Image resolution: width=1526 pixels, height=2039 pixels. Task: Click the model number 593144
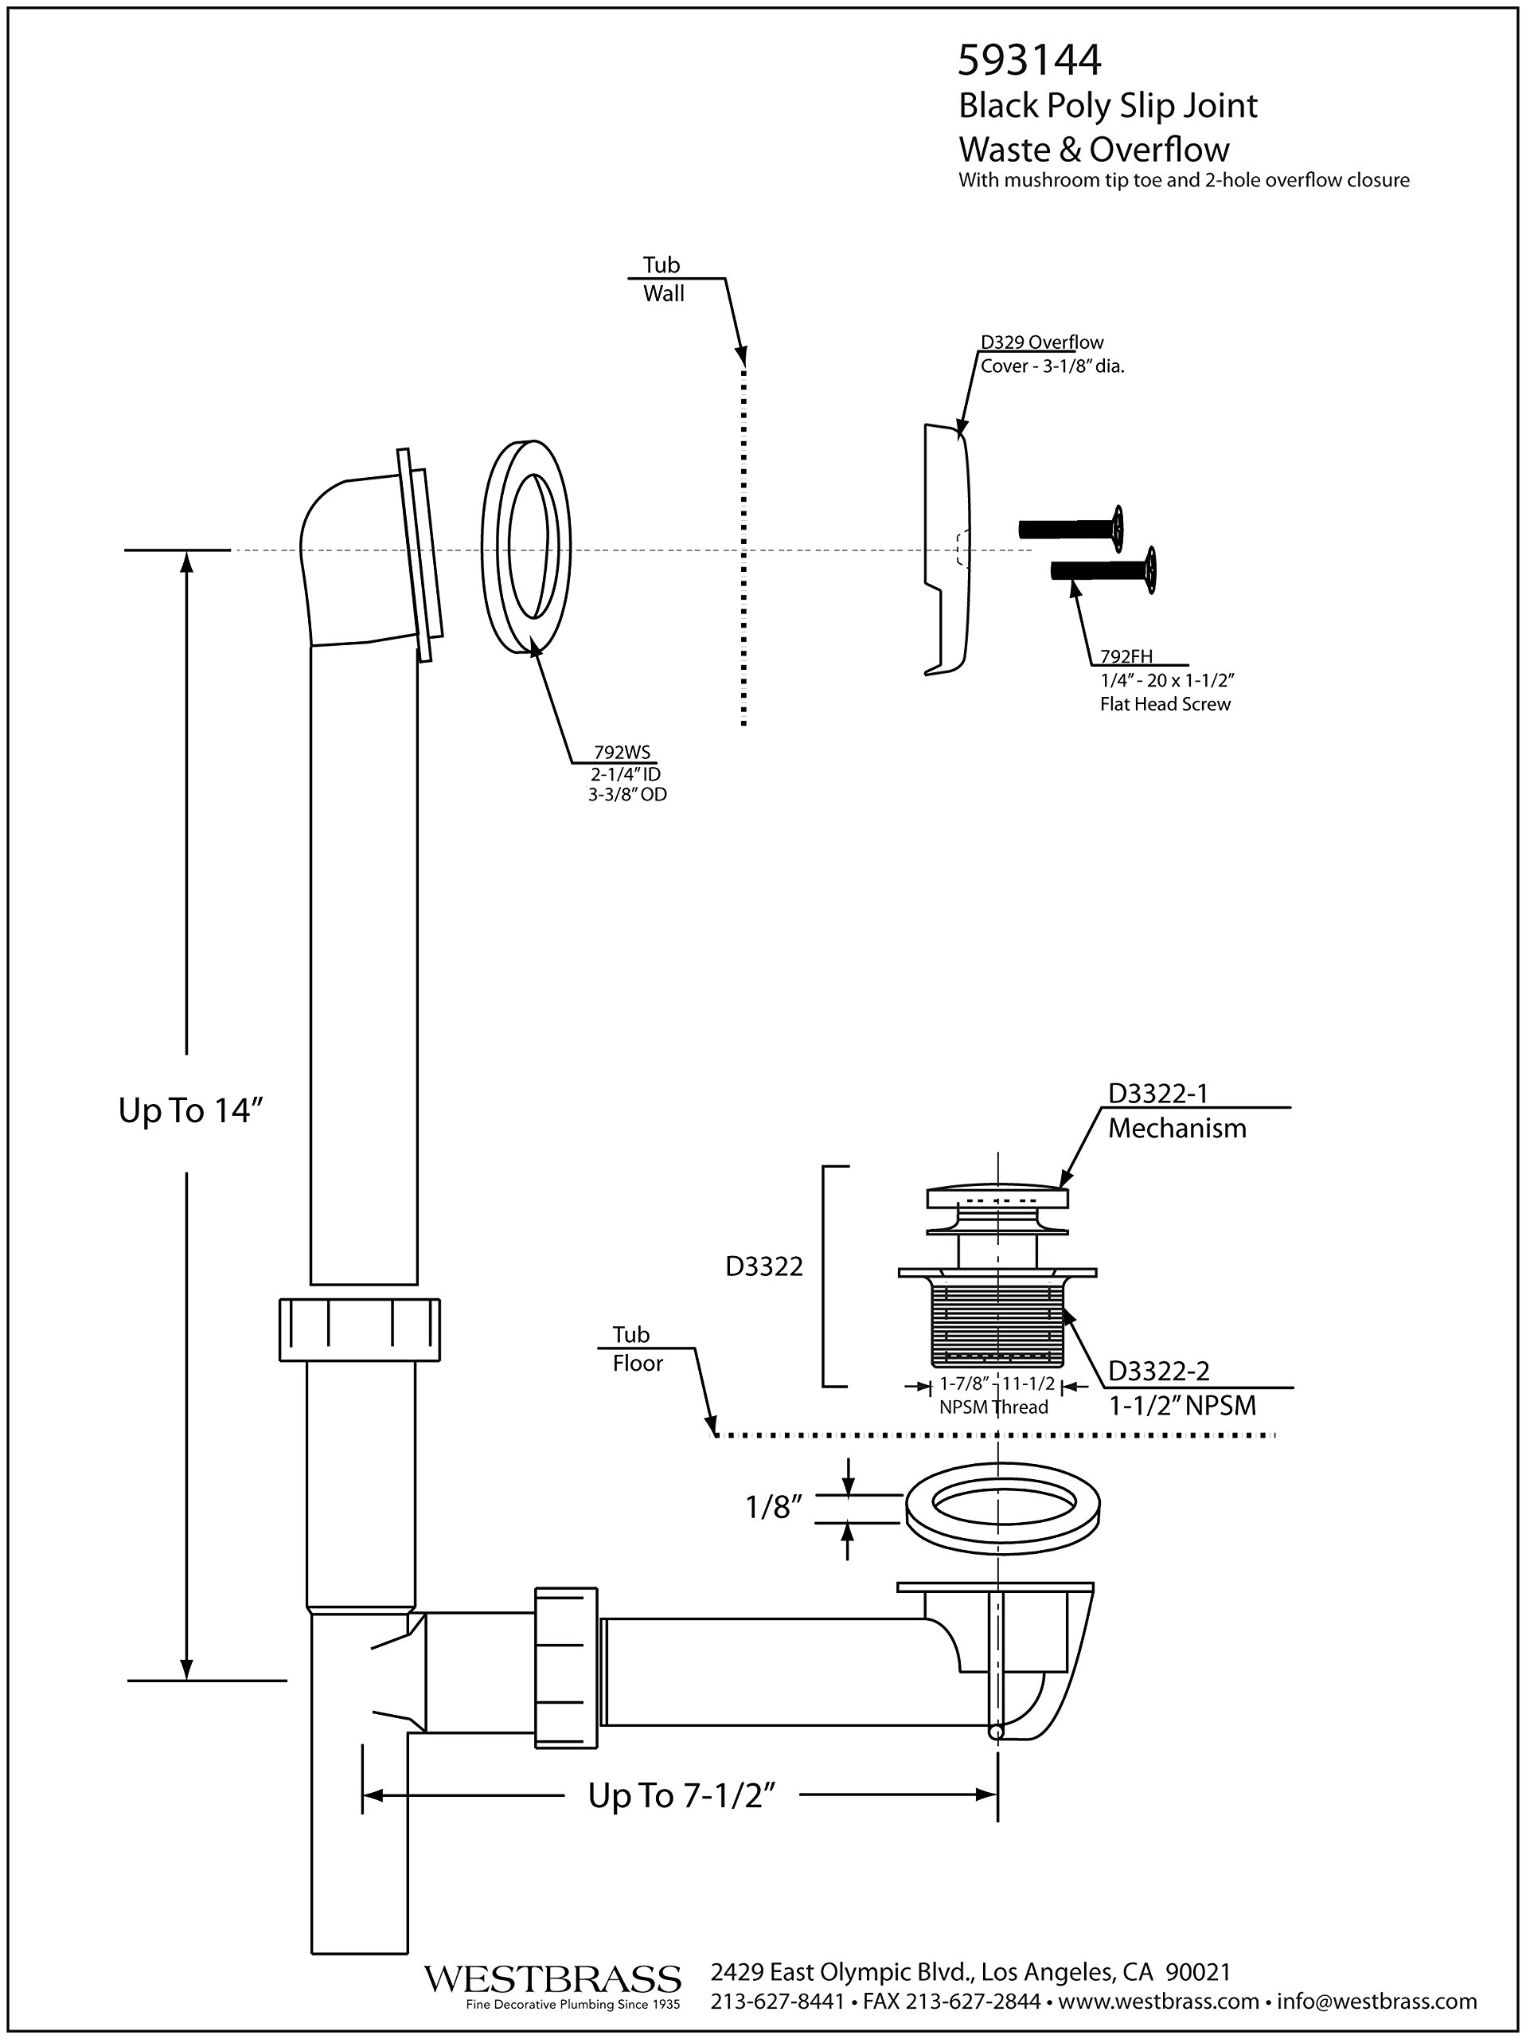[x=1029, y=61]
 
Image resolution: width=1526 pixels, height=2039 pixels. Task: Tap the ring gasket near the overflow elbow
[x=526, y=549]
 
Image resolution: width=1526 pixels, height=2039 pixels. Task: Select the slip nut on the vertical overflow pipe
[x=359, y=1329]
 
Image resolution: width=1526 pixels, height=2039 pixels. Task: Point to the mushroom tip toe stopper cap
[x=997, y=1197]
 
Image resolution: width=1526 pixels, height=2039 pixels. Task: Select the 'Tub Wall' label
[x=662, y=280]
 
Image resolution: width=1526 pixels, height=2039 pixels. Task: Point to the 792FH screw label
[x=1126, y=657]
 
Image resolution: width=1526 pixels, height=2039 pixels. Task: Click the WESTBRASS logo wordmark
[x=552, y=1978]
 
